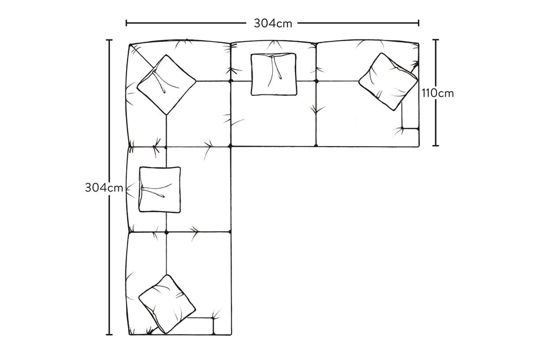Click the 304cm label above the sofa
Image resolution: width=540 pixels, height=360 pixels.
273,23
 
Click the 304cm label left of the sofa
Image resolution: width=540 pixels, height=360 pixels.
104,188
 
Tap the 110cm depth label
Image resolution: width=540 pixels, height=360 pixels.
438,93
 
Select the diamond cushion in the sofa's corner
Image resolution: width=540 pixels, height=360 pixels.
166,85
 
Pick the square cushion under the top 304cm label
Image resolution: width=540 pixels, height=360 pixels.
274,74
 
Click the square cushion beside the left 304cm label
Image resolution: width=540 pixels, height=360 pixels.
160,190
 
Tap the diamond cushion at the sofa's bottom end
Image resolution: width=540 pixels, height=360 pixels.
167,304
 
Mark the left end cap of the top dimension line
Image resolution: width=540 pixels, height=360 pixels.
127,23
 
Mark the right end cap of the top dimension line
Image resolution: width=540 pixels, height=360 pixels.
418,23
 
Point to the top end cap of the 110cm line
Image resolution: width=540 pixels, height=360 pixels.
436,40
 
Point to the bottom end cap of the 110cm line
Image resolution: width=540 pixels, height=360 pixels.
436,145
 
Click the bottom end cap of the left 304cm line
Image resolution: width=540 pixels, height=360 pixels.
109,334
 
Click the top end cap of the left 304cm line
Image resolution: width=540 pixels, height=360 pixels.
109,40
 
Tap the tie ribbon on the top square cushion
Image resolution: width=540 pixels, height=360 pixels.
276,67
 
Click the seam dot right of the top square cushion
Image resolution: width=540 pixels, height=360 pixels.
316,81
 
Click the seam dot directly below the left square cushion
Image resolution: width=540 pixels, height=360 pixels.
166,232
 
